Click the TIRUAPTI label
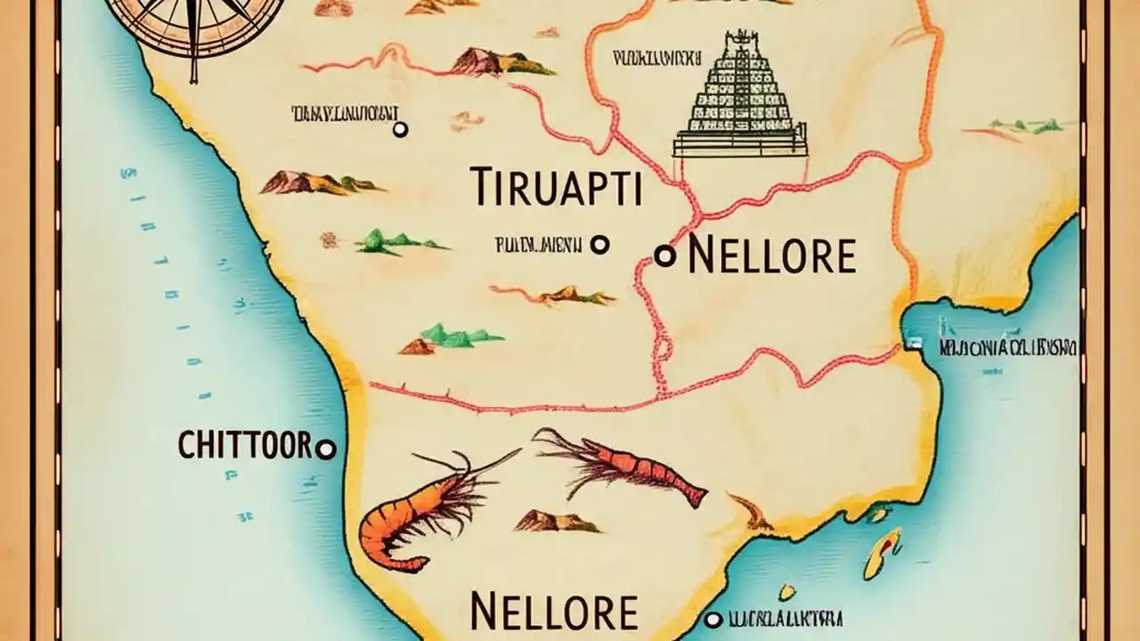coord(556,185)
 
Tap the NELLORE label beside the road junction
coord(771,256)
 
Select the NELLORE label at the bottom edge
coord(553,612)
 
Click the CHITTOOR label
coord(244,445)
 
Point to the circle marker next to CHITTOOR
coord(326,450)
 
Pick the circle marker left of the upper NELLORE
coord(664,256)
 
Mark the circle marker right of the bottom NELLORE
coord(712,618)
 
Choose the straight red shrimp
coord(623,467)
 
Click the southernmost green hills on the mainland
coord(450,337)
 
